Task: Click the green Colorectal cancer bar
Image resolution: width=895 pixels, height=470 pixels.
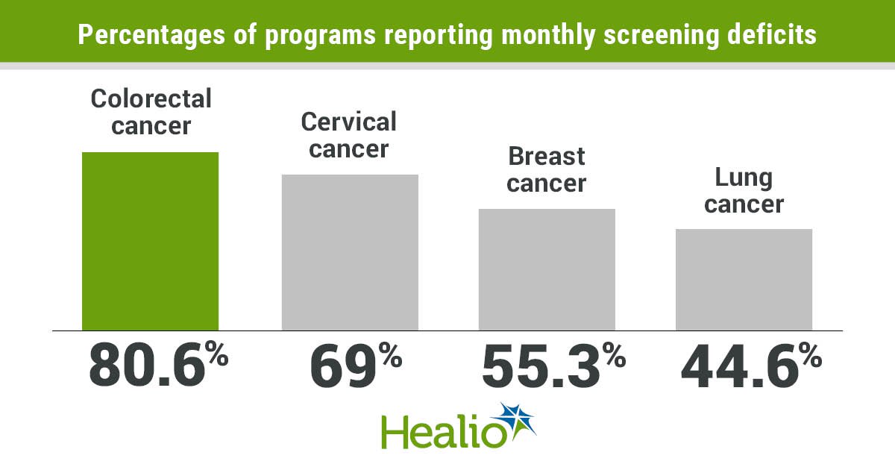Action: [x=150, y=241]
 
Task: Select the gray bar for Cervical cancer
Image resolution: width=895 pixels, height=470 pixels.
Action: [x=350, y=252]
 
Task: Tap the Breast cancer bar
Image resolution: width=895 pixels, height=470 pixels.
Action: [x=547, y=269]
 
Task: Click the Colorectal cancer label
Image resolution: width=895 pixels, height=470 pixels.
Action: [x=151, y=111]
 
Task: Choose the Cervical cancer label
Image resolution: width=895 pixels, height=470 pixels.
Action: [x=349, y=134]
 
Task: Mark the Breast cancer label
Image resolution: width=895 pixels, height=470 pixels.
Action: [x=547, y=169]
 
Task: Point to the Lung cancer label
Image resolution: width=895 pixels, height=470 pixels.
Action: [x=744, y=190]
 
